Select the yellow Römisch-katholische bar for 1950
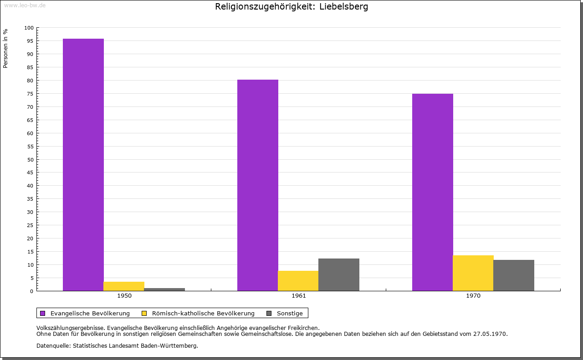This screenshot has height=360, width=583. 124,286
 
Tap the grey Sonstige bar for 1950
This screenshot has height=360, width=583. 164,289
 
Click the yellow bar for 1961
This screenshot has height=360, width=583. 298,281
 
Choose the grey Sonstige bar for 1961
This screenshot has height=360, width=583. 339,274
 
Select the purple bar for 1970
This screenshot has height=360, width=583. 433,192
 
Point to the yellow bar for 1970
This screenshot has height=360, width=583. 473,273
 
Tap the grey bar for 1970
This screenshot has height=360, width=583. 514,275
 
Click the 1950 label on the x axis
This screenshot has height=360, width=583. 124,296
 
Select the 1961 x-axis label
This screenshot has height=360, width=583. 299,296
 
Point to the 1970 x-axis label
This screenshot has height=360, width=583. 473,296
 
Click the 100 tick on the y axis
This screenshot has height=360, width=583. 29,28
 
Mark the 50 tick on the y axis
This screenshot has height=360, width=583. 31,159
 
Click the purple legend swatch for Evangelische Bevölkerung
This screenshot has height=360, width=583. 43,313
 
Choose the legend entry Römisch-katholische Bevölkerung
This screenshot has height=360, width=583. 203,313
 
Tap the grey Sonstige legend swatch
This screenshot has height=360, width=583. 269,313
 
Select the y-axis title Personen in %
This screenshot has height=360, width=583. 5,48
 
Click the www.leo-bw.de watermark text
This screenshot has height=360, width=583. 25,5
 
